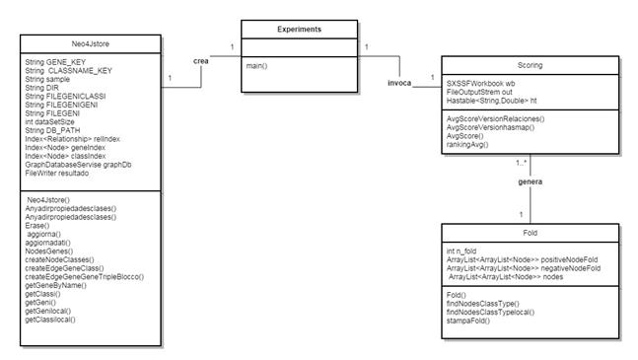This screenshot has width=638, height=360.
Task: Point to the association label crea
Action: coord(200,59)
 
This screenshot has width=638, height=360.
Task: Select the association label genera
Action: coord(532,183)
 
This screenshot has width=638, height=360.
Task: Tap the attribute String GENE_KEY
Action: coord(55,61)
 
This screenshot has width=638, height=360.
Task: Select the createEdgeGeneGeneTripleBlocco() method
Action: coord(85,277)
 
